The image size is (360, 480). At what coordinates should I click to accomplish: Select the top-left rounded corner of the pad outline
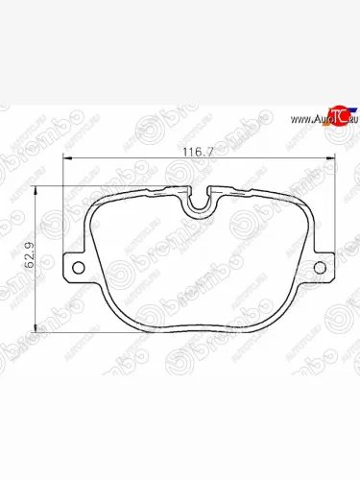96,197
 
